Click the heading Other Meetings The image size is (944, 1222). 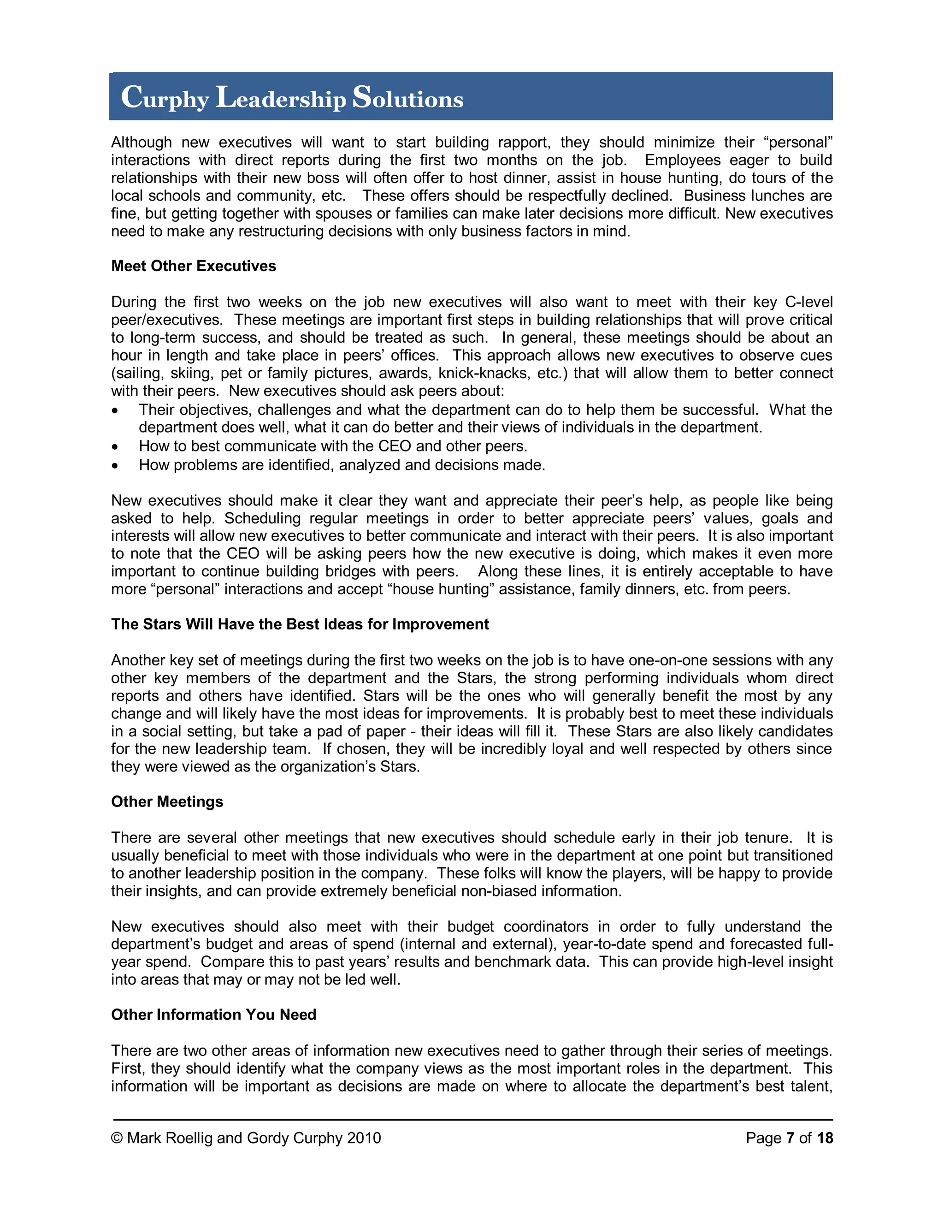167,802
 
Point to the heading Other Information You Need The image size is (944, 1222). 213,1014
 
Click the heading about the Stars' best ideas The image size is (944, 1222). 300,624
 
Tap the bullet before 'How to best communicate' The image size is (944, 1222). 115,447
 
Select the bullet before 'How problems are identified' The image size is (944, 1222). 115,466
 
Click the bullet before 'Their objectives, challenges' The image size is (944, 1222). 115,411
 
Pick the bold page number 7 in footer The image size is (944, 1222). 790,1138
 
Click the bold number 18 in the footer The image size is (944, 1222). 824,1138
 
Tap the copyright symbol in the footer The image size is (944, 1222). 117,1138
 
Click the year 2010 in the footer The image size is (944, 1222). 364,1138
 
